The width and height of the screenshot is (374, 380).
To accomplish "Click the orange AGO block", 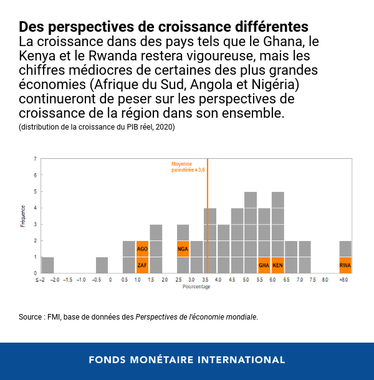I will tap(142, 249).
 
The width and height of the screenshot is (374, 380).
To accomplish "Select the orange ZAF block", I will tap(142, 265).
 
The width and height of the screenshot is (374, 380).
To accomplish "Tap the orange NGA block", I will tap(183, 249).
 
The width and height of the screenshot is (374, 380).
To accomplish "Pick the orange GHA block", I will tap(264, 265).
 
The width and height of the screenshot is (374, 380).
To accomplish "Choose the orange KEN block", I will tap(277, 265).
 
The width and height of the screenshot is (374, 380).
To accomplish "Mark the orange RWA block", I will tap(345, 265).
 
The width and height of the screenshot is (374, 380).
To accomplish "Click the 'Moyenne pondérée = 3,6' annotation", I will tap(188, 167).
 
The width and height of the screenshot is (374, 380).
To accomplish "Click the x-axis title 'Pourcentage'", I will tap(196, 287).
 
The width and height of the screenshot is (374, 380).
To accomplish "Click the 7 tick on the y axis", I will tap(35, 159).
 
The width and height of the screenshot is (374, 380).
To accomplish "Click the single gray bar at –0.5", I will tap(102, 265).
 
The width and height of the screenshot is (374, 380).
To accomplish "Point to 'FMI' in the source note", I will tap(57, 317).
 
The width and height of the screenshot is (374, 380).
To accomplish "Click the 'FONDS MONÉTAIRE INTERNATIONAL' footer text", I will tap(187, 360).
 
